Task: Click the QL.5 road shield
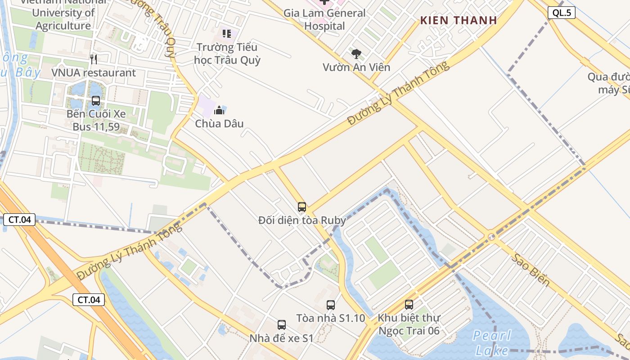(562, 13)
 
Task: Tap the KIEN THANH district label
(459, 20)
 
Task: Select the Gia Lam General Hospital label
(324, 19)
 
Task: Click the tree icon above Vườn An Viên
(356, 54)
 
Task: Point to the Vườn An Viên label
(356, 67)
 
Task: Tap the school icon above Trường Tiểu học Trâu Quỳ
(227, 34)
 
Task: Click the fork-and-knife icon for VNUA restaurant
(94, 59)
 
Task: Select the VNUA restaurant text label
(94, 73)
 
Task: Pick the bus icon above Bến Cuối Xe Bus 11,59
(96, 101)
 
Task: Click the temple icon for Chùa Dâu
(219, 110)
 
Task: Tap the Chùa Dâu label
(219, 123)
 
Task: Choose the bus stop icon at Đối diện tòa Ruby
(302, 207)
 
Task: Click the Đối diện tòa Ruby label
(302, 220)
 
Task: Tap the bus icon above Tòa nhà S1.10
(331, 305)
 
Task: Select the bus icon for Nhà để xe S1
(282, 325)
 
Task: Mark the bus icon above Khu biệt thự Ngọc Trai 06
(409, 305)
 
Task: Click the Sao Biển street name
(531, 270)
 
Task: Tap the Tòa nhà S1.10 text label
(331, 318)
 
